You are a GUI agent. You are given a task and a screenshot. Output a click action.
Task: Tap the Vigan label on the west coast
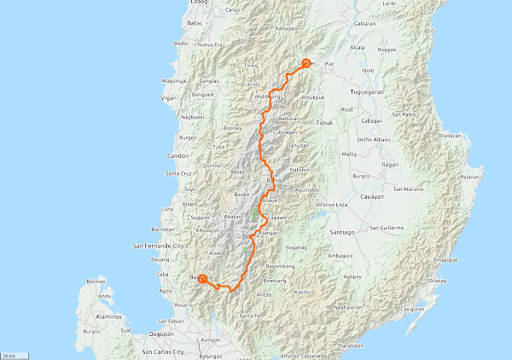click(x=168, y=98)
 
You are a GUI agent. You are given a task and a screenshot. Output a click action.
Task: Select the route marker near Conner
click(x=305, y=61)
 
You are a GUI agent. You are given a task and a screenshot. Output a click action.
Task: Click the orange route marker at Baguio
click(x=202, y=277)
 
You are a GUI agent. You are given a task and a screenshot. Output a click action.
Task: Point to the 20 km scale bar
click(x=11, y=354)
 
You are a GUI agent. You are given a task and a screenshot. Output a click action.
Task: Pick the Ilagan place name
click(x=390, y=164)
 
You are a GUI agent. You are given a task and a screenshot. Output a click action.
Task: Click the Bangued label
click(x=202, y=95)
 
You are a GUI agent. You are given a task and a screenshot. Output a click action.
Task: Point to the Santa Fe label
click(x=250, y=316)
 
